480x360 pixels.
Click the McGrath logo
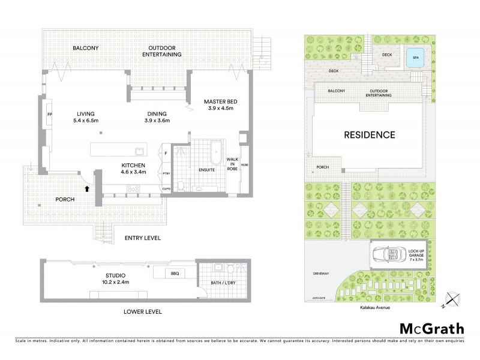click(x=431, y=328)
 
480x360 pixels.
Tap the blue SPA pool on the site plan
click(x=413, y=58)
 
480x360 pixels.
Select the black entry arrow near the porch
click(x=89, y=188)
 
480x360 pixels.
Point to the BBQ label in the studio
click(x=174, y=273)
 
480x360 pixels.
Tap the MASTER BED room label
click(x=218, y=105)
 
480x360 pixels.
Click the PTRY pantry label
click(x=166, y=174)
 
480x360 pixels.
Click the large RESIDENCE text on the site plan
click(x=369, y=135)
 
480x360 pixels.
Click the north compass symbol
click(x=453, y=299)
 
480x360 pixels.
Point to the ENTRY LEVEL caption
click(x=142, y=238)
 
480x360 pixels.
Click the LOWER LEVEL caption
click(x=143, y=313)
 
